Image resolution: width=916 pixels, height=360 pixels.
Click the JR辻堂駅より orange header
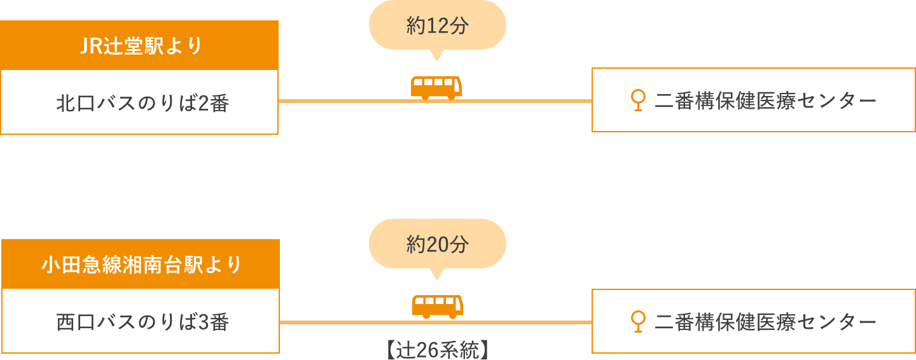pyautogui.click(x=139, y=46)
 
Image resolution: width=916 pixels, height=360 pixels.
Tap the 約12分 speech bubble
pyautogui.click(x=437, y=26)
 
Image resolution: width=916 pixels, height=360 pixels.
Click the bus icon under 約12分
pyautogui.click(x=436, y=88)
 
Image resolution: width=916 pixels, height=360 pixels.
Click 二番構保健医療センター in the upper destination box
pyautogui.click(x=765, y=100)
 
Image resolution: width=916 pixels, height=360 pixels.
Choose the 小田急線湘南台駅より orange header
pyautogui.click(x=141, y=264)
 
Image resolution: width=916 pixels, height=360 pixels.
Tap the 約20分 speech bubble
pyautogui.click(x=437, y=244)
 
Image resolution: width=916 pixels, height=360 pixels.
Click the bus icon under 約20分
pyautogui.click(x=437, y=307)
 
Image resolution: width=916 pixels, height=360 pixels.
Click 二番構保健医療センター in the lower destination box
pyautogui.click(x=765, y=322)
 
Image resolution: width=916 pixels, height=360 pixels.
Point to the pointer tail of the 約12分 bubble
pyautogui.click(x=436, y=55)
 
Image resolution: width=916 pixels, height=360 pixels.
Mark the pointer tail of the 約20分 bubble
pyautogui.click(x=436, y=274)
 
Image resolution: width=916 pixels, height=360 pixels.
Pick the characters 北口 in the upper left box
pyautogui.click(x=75, y=104)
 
